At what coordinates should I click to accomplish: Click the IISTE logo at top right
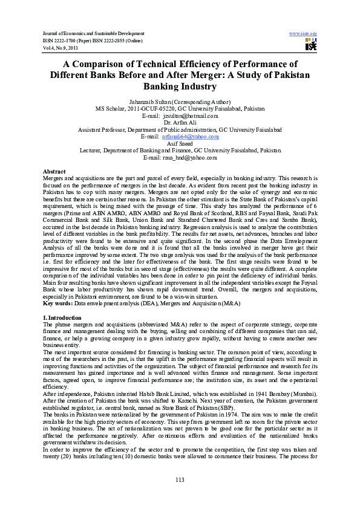[311, 44]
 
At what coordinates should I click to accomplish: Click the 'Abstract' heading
[54, 172]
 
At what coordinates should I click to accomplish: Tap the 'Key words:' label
[58, 305]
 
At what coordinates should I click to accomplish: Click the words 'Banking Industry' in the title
[180, 86]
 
